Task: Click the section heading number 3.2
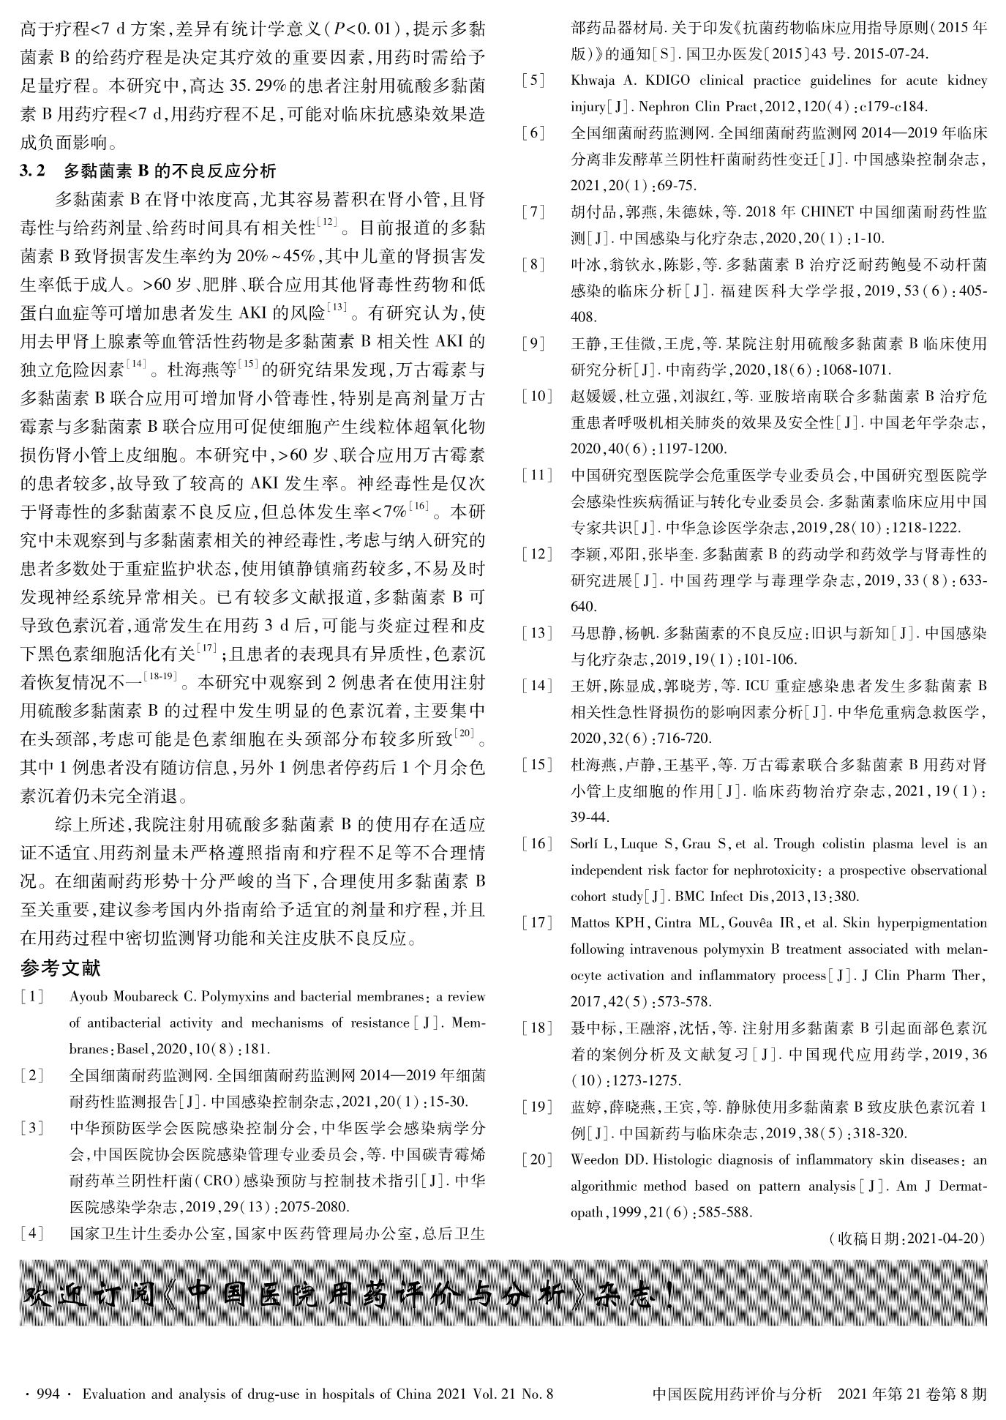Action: point(33,171)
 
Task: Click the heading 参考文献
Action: point(61,968)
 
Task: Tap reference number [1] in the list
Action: point(32,997)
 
